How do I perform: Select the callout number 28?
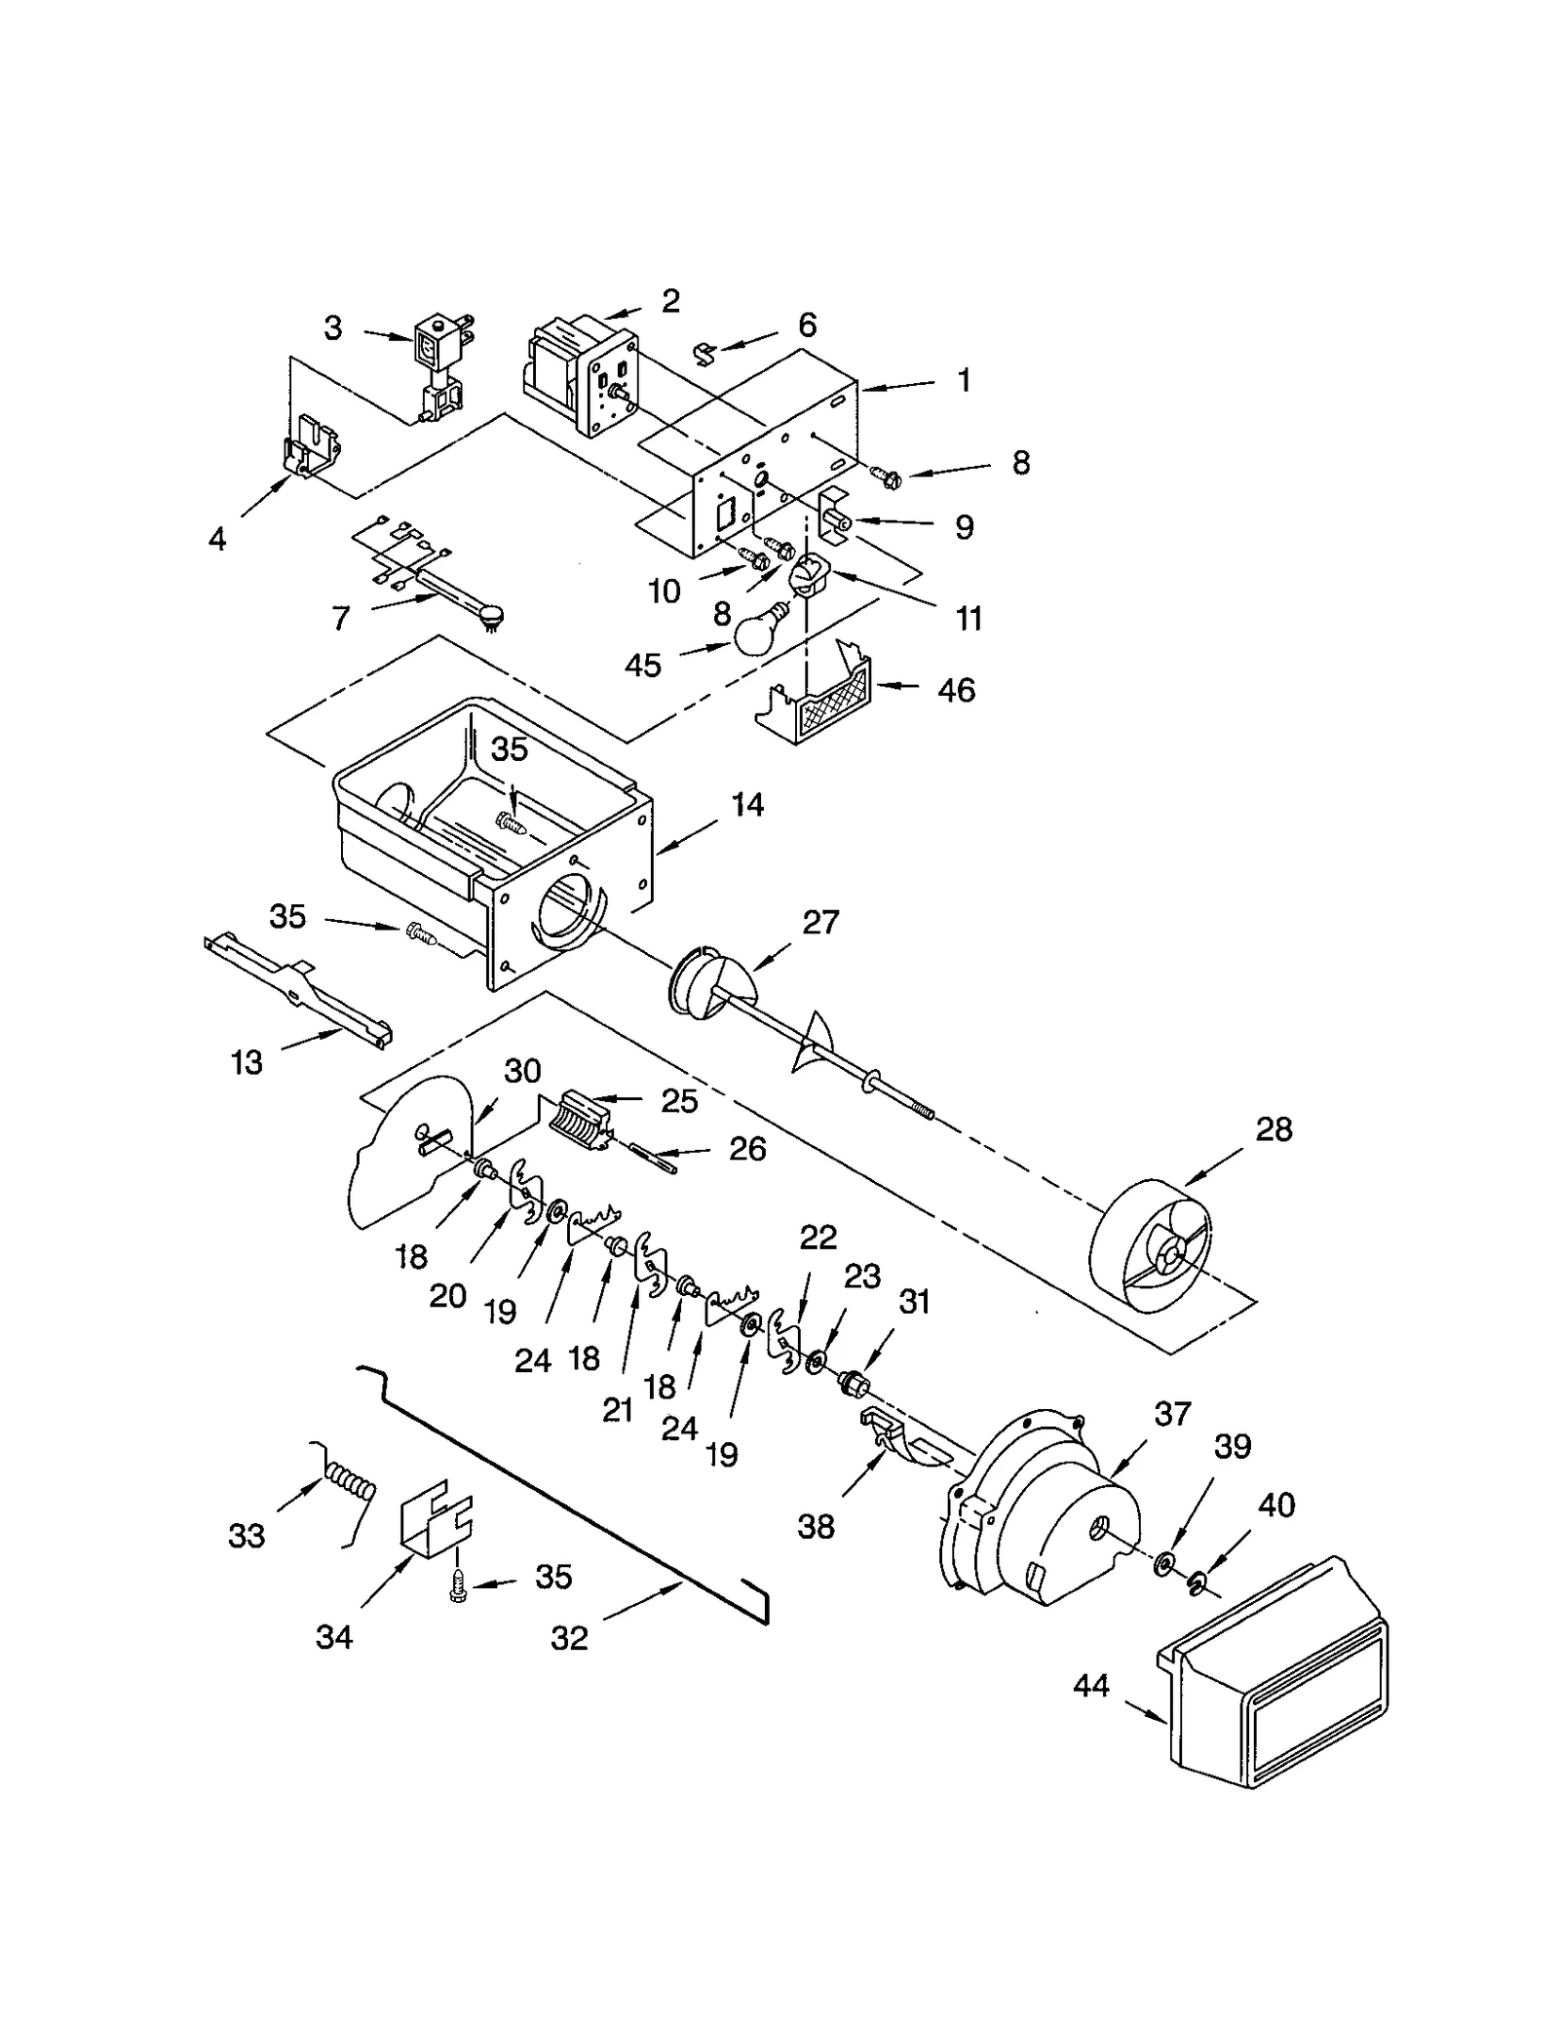click(1274, 1129)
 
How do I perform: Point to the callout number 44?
click(1091, 1685)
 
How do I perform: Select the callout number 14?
click(747, 805)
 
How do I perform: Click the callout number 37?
click(1172, 1413)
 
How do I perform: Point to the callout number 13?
click(247, 1062)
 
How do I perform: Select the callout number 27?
click(820, 922)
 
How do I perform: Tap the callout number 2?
click(669, 301)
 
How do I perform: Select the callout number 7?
click(340, 618)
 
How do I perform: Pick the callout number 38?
click(816, 1526)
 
